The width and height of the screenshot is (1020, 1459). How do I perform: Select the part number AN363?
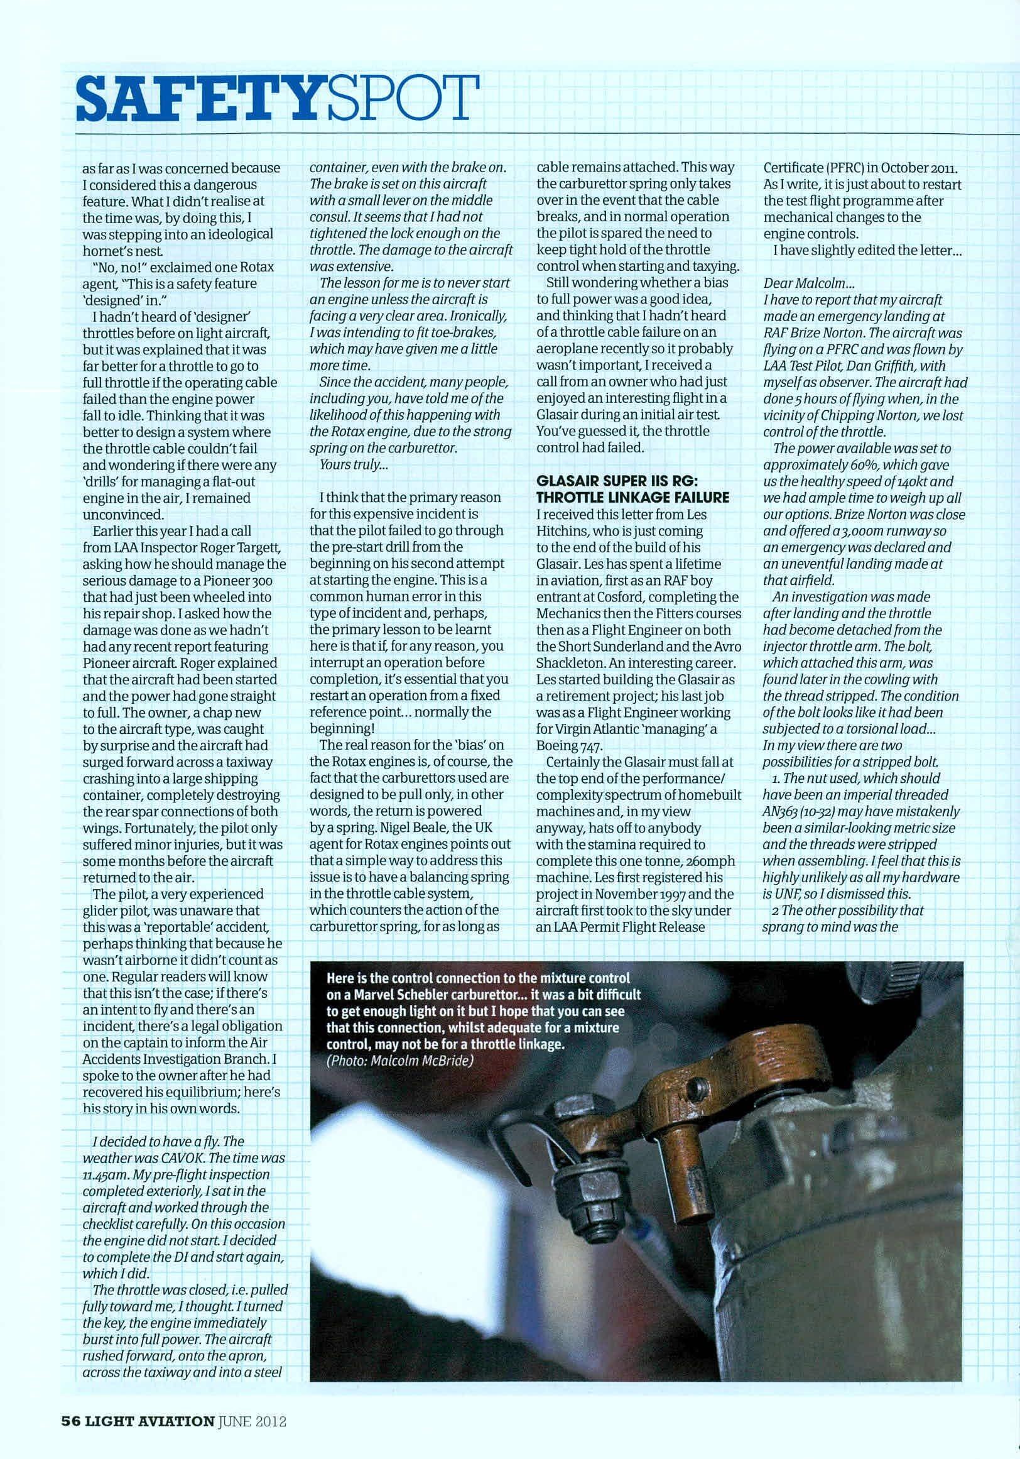(x=784, y=811)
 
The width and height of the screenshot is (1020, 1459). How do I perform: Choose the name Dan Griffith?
(x=886, y=366)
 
